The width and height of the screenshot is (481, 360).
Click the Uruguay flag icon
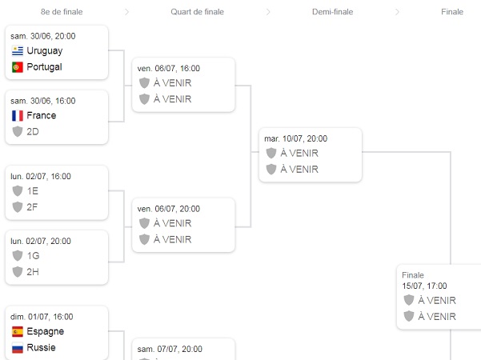point(18,50)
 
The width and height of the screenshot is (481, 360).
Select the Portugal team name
point(44,67)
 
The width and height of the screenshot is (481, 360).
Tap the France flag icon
point(18,115)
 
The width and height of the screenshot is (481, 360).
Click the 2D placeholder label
point(33,131)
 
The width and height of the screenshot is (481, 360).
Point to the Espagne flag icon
point(18,331)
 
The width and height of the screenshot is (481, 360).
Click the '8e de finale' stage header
point(62,12)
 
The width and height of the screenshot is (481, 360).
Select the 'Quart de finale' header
point(197,12)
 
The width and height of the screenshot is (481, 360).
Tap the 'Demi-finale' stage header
point(332,12)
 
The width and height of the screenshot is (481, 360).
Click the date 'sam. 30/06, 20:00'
point(43,36)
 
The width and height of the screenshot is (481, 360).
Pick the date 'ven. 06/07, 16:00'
point(169,69)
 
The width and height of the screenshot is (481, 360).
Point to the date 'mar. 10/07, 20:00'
point(296,138)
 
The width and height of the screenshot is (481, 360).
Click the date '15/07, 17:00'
point(424,286)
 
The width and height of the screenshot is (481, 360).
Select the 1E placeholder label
point(33,191)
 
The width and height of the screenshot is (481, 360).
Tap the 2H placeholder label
point(33,271)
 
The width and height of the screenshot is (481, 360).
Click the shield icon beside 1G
point(18,255)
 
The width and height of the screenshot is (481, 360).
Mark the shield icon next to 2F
point(18,207)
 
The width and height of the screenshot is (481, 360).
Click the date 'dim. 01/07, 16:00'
point(42,317)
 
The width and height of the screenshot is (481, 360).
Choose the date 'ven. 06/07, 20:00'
point(169,209)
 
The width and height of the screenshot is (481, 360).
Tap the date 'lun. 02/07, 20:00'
point(41,241)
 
